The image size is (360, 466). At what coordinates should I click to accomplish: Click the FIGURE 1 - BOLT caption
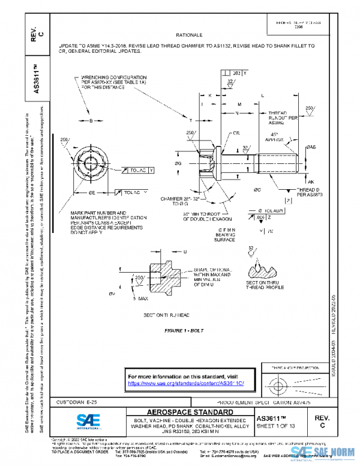pyautogui.click(x=184, y=331)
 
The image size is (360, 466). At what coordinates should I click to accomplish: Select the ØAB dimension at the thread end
pyautogui.click(x=311, y=147)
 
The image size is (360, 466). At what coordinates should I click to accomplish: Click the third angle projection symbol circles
pyautogui.click(x=277, y=383)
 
